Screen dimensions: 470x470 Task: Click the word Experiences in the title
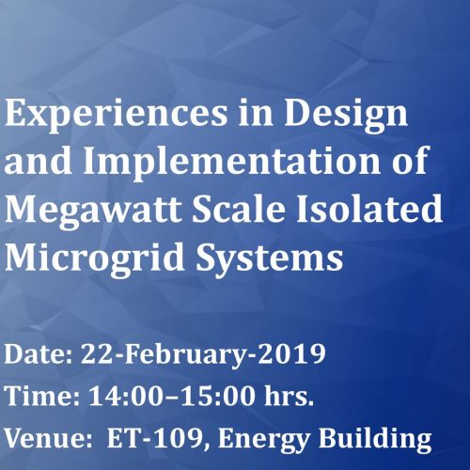pyautogui.click(x=116, y=114)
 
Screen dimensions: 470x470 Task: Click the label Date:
pyautogui.click(x=39, y=353)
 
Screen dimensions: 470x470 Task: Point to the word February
pyautogui.click(x=184, y=355)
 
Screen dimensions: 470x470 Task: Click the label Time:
pyautogui.click(x=42, y=396)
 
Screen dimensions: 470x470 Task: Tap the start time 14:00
pyautogui.click(x=126, y=396)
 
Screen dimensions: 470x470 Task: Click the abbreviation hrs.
pyautogui.click(x=289, y=395)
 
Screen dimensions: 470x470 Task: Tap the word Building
pyautogui.click(x=375, y=439)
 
